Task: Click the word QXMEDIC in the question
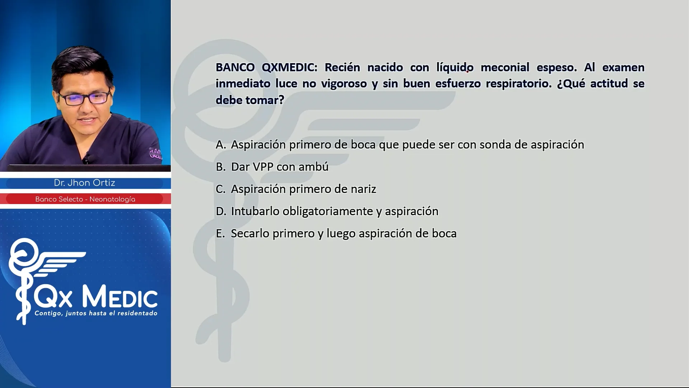(x=289, y=67)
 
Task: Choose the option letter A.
(x=221, y=144)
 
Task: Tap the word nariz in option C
(x=362, y=189)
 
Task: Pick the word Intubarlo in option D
(x=255, y=211)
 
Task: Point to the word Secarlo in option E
(x=250, y=234)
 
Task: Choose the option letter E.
(x=220, y=234)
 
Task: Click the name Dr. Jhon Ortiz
(x=85, y=183)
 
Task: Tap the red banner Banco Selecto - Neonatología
(x=85, y=199)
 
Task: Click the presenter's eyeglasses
(x=84, y=98)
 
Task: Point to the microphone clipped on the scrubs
(x=86, y=157)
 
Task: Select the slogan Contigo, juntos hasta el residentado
(x=96, y=313)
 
